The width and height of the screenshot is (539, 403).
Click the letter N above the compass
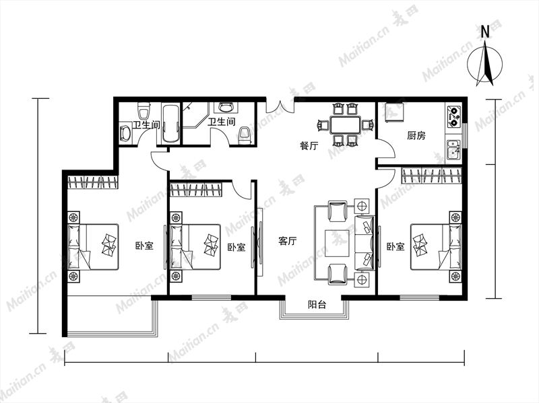485,32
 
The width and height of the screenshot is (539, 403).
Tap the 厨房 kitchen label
416,136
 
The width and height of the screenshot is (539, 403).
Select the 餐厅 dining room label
309,146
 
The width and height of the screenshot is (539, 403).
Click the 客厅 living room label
288,241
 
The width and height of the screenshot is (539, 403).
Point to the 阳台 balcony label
317,305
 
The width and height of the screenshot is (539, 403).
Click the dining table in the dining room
345,125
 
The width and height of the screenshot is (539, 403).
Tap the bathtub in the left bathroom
170,124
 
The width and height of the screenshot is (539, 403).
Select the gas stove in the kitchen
453,116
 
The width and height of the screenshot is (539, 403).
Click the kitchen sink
453,149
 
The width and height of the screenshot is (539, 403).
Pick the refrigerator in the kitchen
395,112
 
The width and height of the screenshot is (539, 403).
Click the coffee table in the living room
338,244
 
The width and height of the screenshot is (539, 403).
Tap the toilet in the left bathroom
144,110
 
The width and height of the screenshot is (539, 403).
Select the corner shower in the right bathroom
195,115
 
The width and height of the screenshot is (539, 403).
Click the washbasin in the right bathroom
226,108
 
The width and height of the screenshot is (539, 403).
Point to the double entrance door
280,106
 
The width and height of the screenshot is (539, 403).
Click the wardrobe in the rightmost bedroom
431,176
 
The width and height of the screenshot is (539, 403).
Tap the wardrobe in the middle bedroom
196,190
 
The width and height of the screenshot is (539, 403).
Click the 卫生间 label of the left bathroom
147,124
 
